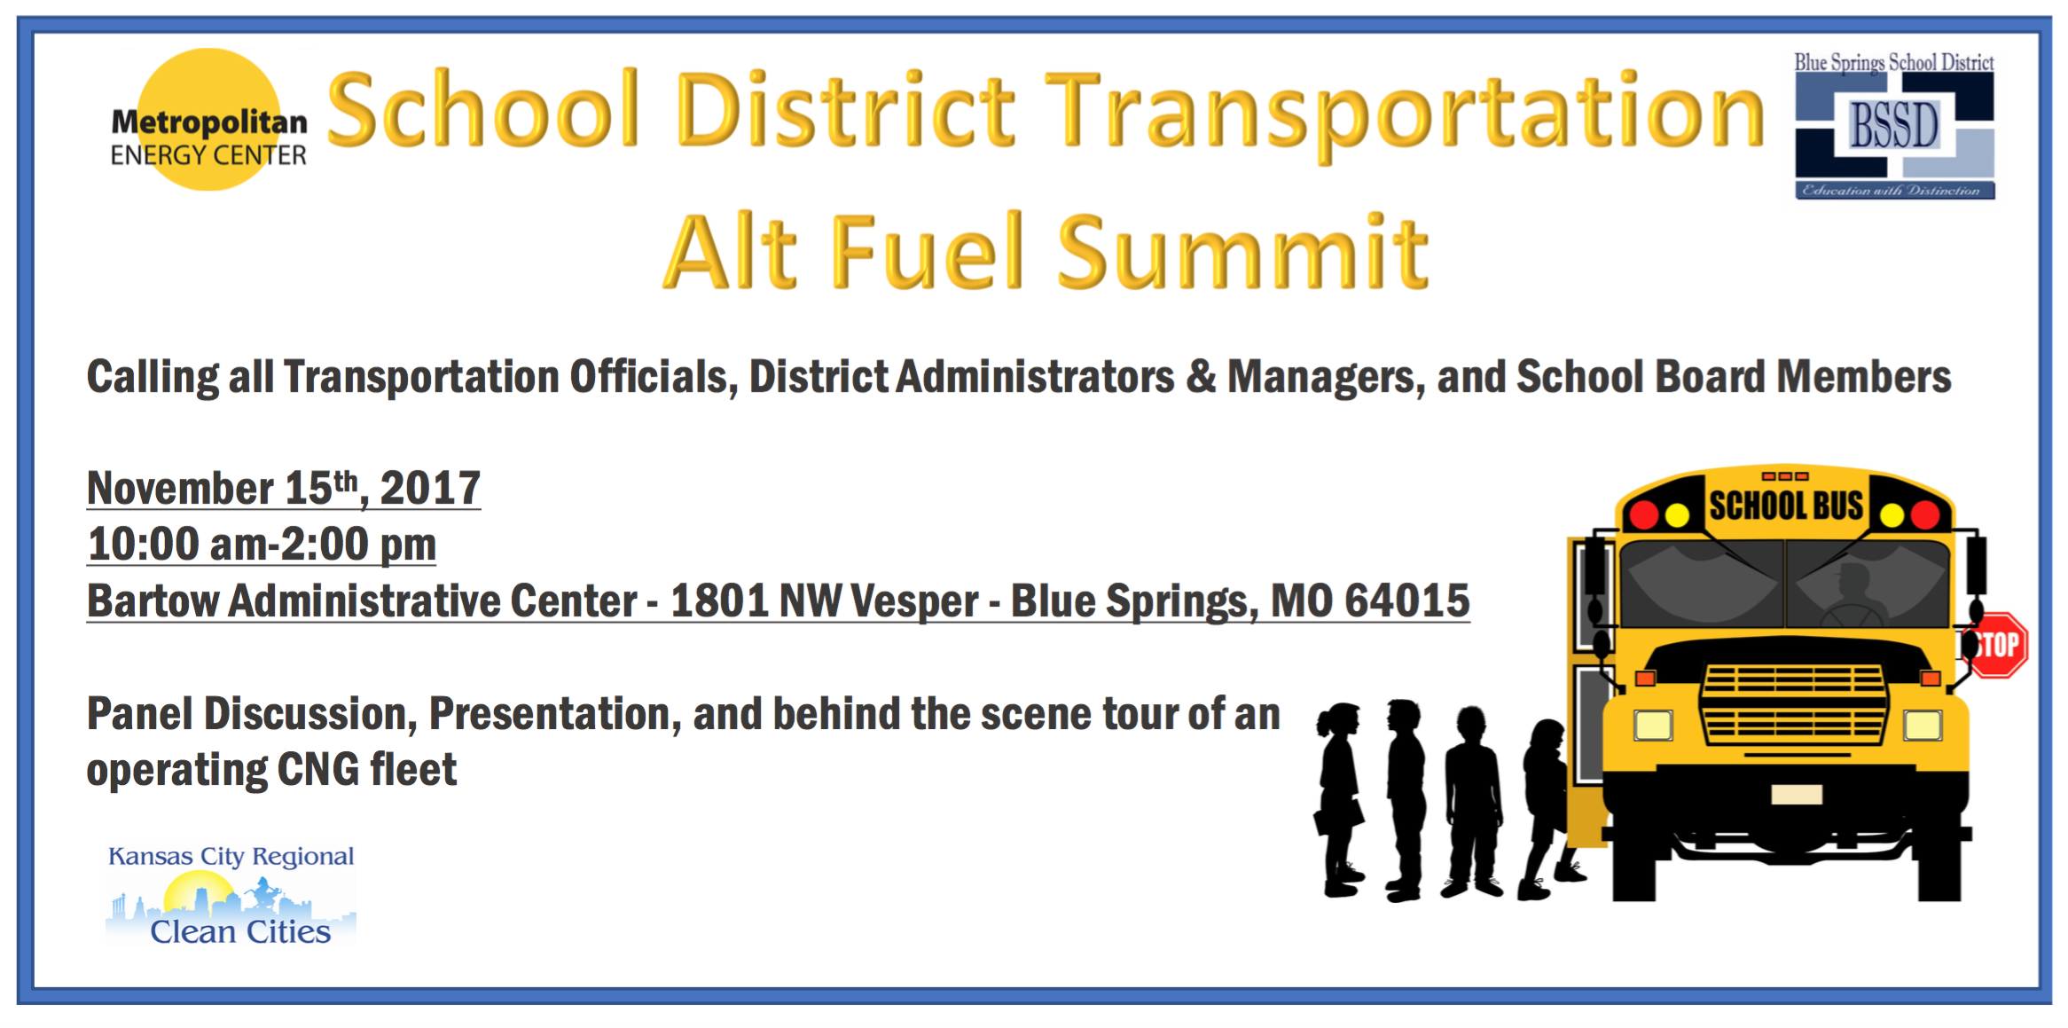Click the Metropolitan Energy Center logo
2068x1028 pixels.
209,120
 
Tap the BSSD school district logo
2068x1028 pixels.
1894,125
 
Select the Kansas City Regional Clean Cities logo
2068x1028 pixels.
231,896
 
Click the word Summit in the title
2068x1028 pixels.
1242,254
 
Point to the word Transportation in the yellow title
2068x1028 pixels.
1405,111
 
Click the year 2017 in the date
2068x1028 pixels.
431,489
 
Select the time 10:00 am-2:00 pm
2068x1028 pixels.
262,545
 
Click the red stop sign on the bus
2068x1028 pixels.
1996,645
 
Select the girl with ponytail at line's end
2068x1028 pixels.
1339,799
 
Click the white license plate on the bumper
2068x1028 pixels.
1797,795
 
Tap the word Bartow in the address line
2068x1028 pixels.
153,601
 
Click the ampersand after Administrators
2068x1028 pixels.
1201,377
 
